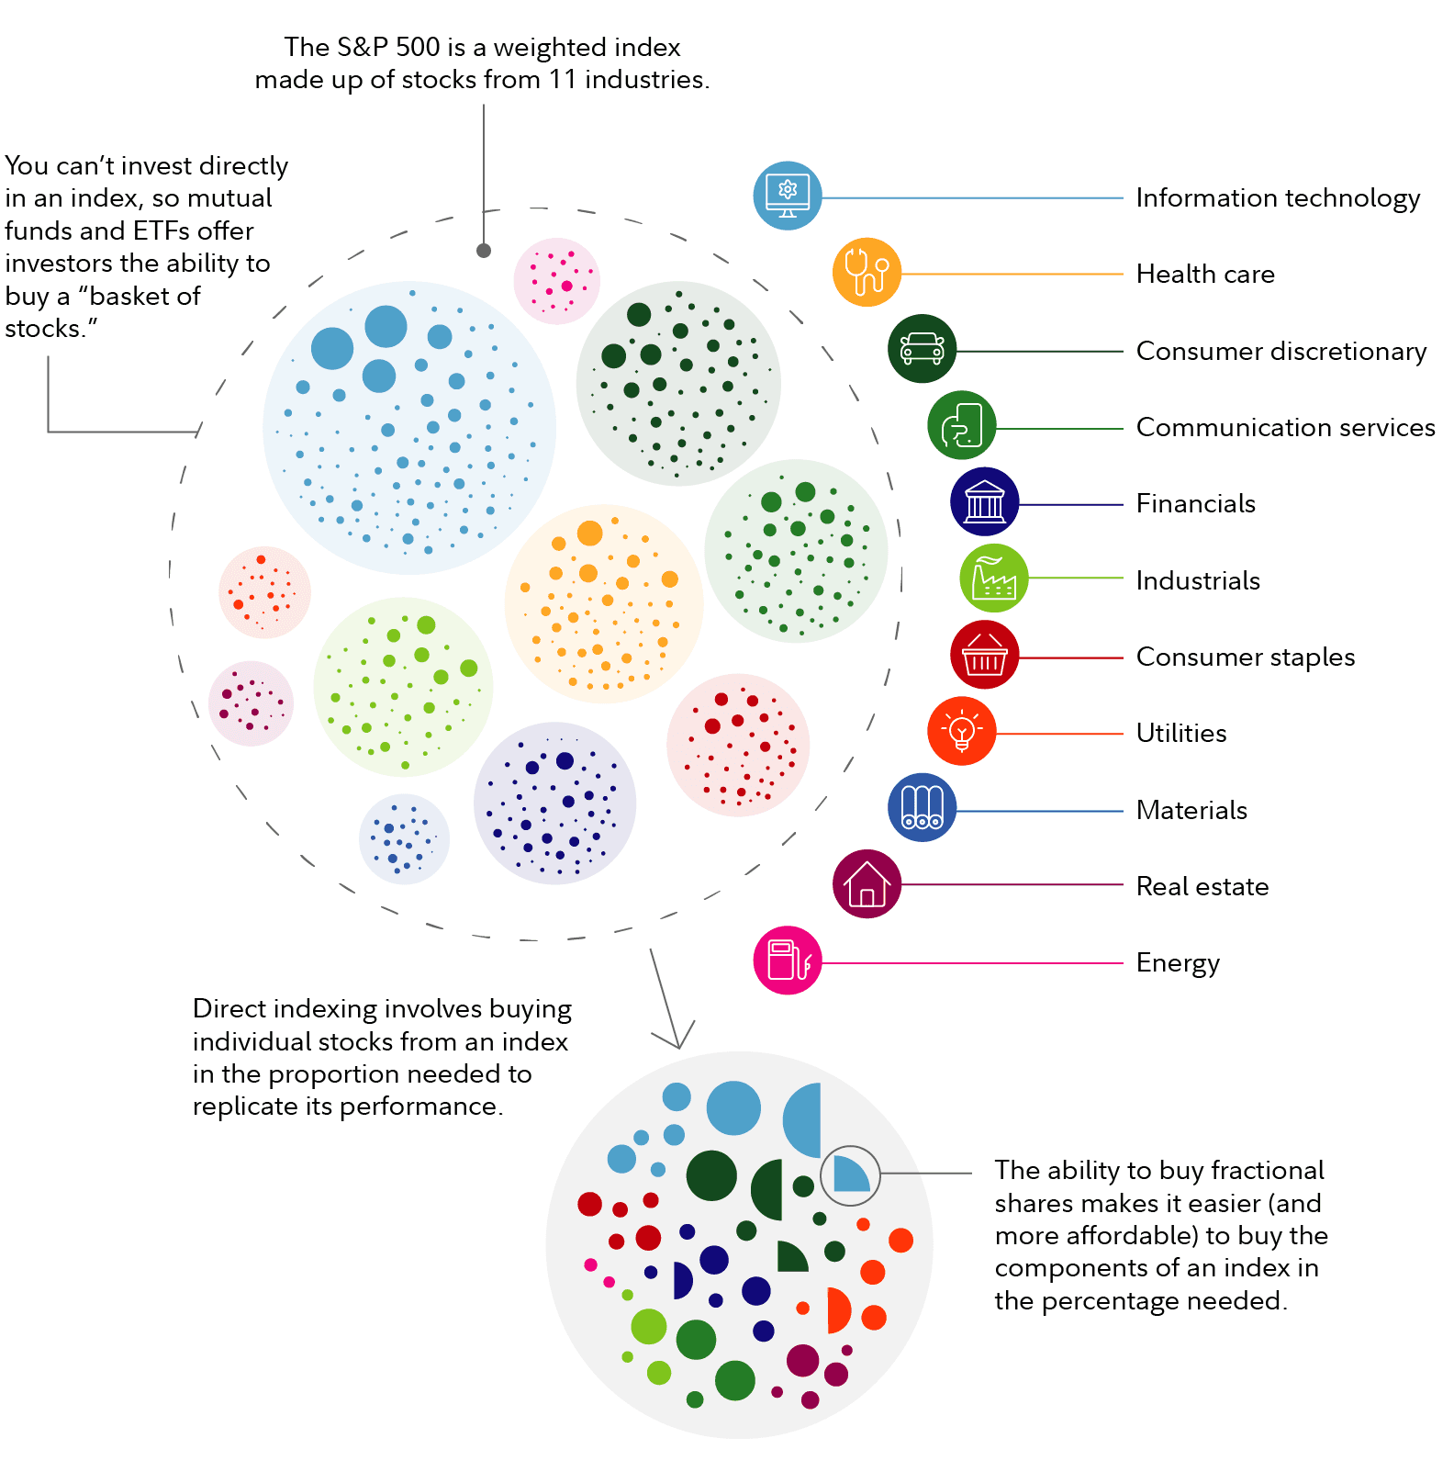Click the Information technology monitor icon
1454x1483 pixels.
coord(788,197)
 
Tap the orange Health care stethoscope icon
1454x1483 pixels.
coord(867,273)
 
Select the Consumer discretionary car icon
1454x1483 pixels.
coord(923,349)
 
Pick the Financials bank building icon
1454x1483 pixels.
coord(985,502)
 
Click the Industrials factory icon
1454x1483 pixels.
coord(994,579)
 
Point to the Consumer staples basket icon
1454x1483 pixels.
coord(985,655)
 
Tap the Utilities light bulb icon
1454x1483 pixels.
coord(962,732)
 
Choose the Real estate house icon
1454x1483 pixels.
coord(867,884)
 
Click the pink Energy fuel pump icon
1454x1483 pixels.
coord(788,961)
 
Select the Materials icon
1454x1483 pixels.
coord(923,808)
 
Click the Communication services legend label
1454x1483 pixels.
coord(1285,427)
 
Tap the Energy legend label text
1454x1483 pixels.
coord(1178,963)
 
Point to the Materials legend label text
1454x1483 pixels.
coord(1191,810)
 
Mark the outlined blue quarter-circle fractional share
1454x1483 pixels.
coord(850,1175)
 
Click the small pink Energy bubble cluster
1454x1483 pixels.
coord(556,281)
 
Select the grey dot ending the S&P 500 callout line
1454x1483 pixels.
coord(484,251)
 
